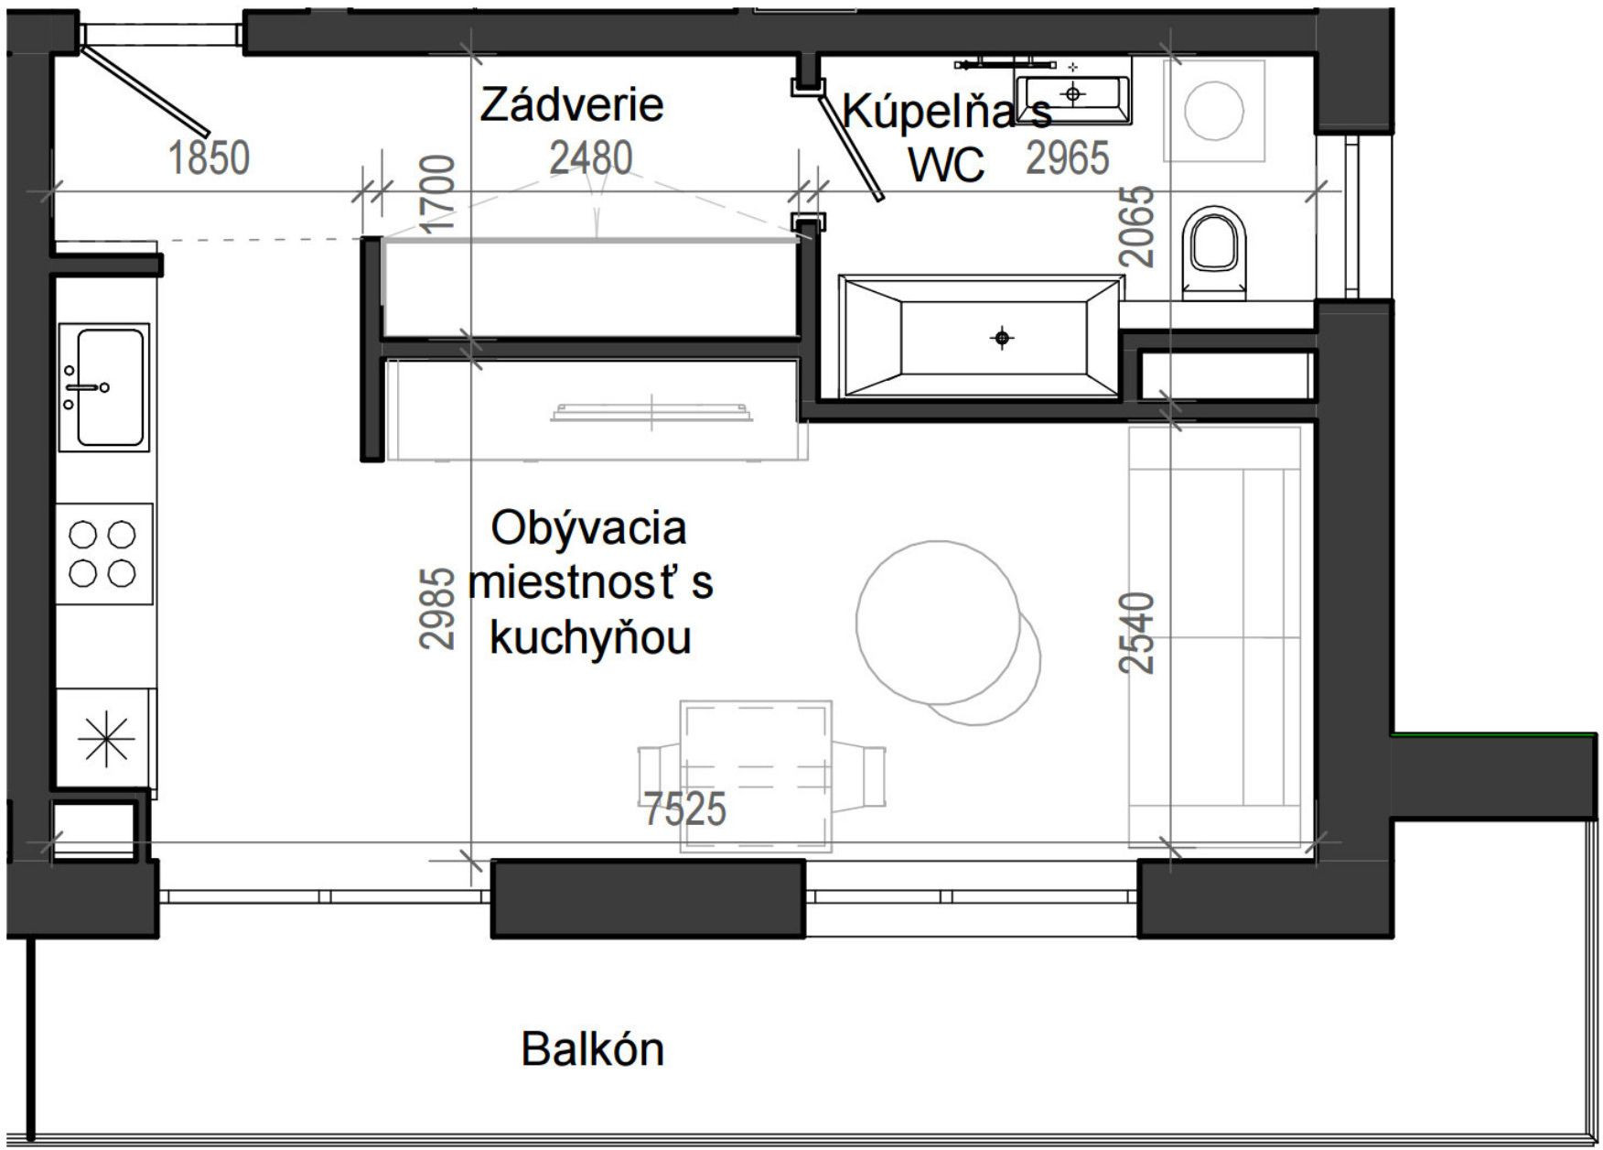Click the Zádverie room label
(x=571, y=104)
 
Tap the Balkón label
(x=592, y=1049)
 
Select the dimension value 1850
(x=210, y=157)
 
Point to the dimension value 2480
(x=590, y=157)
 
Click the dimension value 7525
(x=684, y=809)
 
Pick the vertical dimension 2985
(x=437, y=609)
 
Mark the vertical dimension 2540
(x=1138, y=633)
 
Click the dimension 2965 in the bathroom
(x=1067, y=157)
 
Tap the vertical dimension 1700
(x=437, y=193)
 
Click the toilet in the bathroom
(x=1214, y=249)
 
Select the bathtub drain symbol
(x=1002, y=339)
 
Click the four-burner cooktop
(x=102, y=553)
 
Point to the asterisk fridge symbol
(x=105, y=739)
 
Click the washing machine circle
(x=1213, y=110)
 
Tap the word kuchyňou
(x=590, y=638)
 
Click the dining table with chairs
(x=757, y=776)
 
